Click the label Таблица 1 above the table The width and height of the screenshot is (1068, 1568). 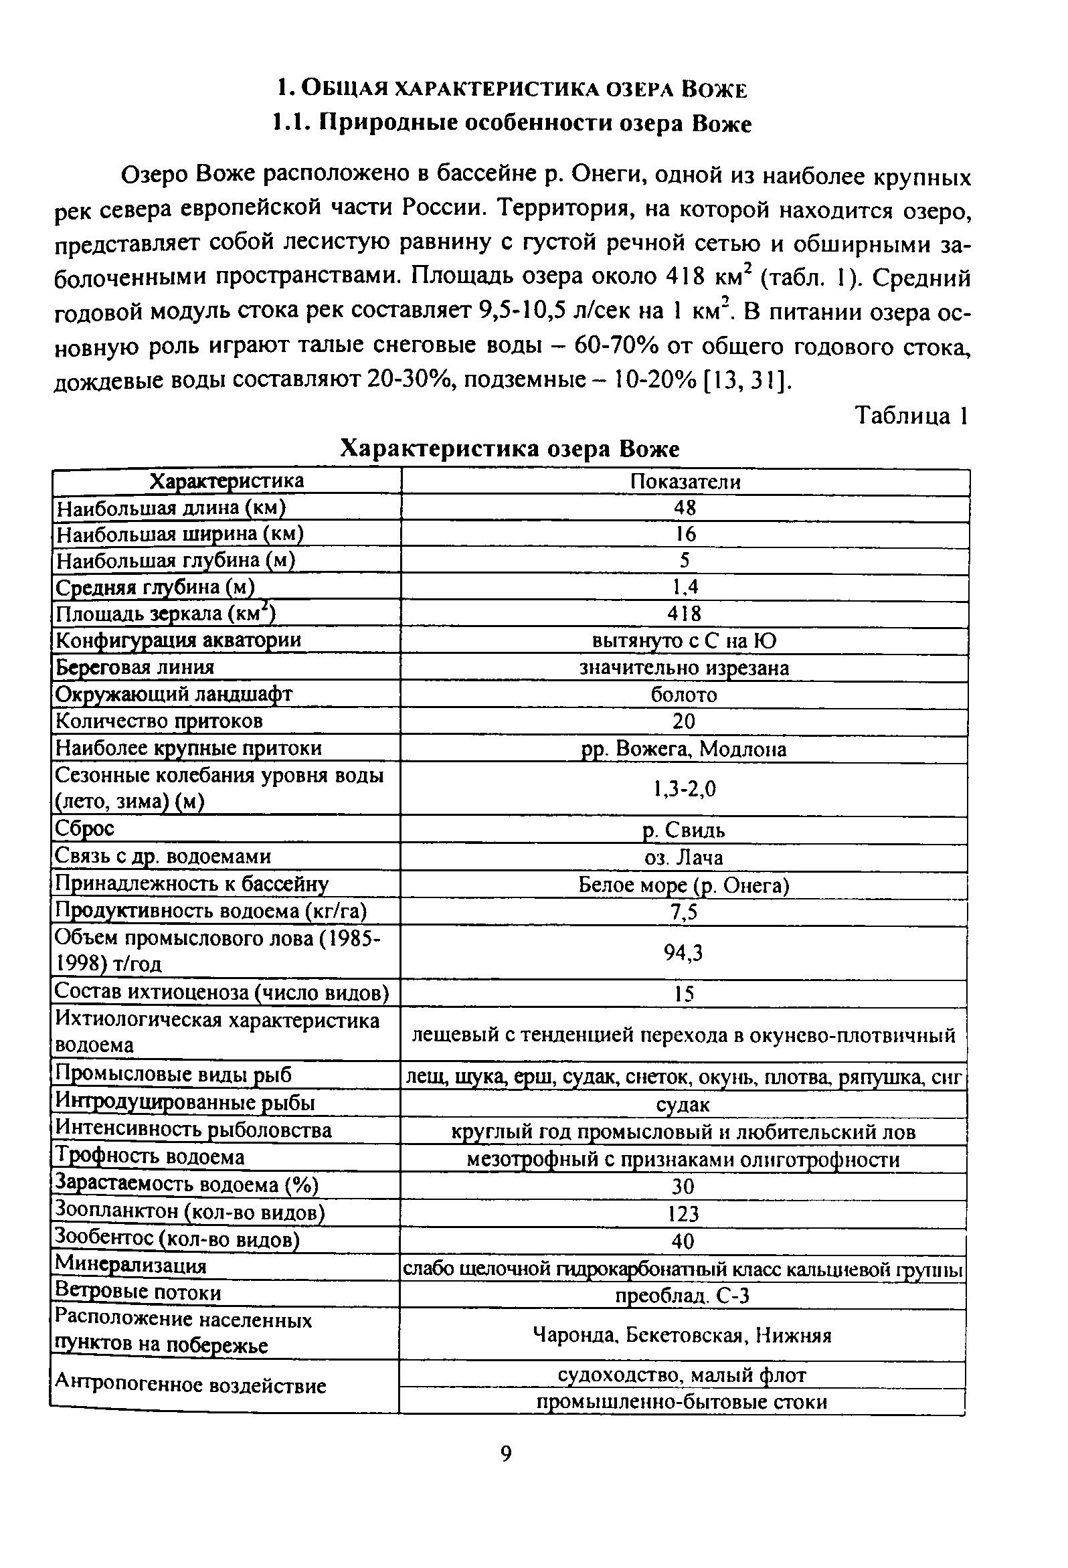(911, 416)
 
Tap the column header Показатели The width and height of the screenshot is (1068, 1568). (685, 482)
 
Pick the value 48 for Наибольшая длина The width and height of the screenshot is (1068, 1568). (685, 507)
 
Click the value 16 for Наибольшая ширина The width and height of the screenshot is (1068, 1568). (685, 534)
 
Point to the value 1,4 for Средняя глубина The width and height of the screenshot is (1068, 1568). (685, 587)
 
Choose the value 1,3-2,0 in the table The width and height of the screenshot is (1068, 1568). (684, 788)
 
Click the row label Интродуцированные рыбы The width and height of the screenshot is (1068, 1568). (185, 1102)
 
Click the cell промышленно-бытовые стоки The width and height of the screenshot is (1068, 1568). (681, 1402)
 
